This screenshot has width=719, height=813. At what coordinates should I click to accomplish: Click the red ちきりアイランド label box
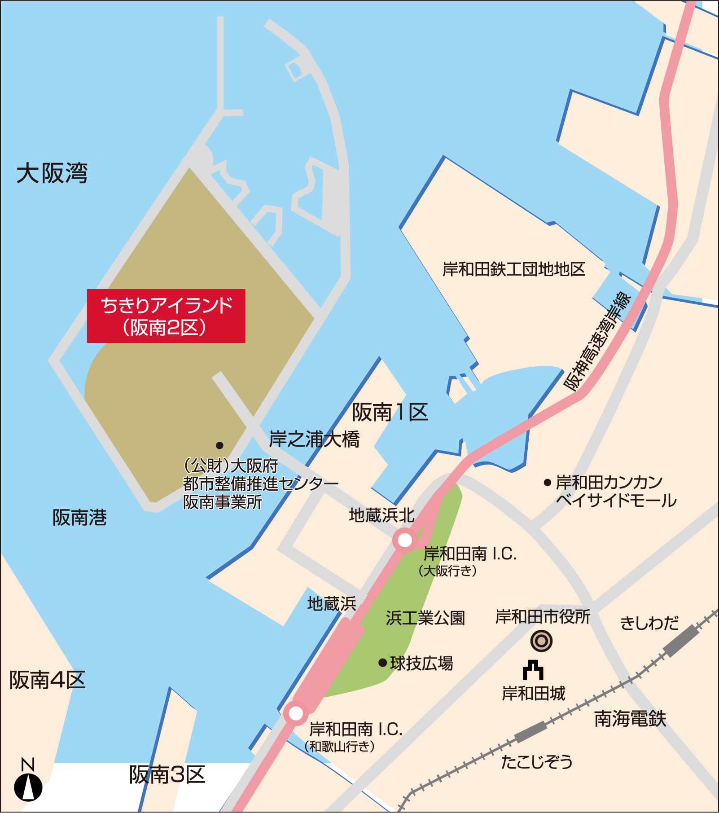pos(166,316)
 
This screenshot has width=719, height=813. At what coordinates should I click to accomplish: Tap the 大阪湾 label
pos(52,173)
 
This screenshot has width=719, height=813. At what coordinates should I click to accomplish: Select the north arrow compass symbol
pos(28,783)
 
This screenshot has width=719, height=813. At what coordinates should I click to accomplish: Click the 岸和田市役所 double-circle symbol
pos(541,641)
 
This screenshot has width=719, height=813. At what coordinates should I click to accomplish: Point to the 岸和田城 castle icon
pos(533,671)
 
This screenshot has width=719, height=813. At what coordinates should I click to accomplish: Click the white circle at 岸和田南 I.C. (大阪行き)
pos(404,540)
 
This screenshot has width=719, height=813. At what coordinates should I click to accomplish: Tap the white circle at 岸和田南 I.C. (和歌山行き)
pos(296,713)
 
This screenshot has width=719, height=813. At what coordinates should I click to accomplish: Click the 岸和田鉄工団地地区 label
pos(514,269)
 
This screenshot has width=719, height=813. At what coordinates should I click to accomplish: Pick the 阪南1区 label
pos(390,412)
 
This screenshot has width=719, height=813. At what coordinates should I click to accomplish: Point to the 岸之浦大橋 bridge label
pos(314,439)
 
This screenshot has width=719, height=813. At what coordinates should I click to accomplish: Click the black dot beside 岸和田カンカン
pos(547,483)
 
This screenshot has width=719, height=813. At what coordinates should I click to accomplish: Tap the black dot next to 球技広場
pos(382,663)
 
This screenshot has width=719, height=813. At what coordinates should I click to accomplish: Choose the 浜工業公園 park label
pos(425,618)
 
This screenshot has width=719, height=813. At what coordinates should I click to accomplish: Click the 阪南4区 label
pos(48,680)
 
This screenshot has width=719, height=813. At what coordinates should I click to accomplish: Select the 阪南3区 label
pos(167,775)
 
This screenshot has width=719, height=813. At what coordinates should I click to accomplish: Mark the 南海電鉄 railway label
pos(630,719)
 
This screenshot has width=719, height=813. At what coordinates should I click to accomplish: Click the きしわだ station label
pos(649,623)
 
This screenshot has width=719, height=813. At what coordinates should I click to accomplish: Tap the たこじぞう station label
pos(536,762)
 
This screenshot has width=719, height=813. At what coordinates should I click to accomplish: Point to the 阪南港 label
pos(79,518)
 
